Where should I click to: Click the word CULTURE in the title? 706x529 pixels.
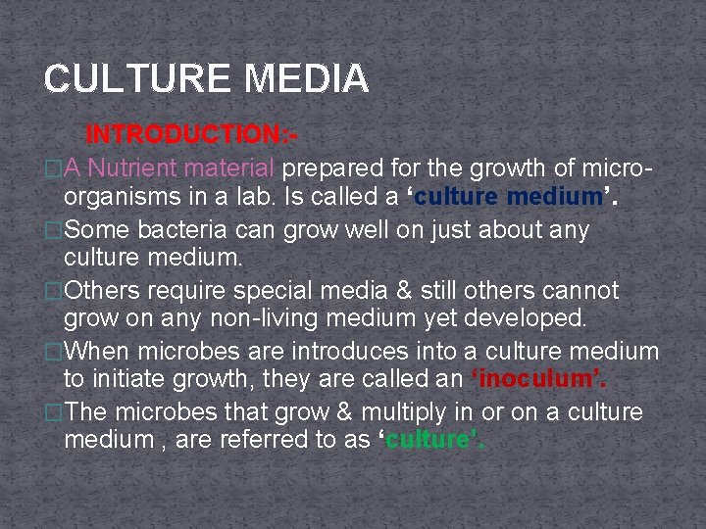coord(123,78)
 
